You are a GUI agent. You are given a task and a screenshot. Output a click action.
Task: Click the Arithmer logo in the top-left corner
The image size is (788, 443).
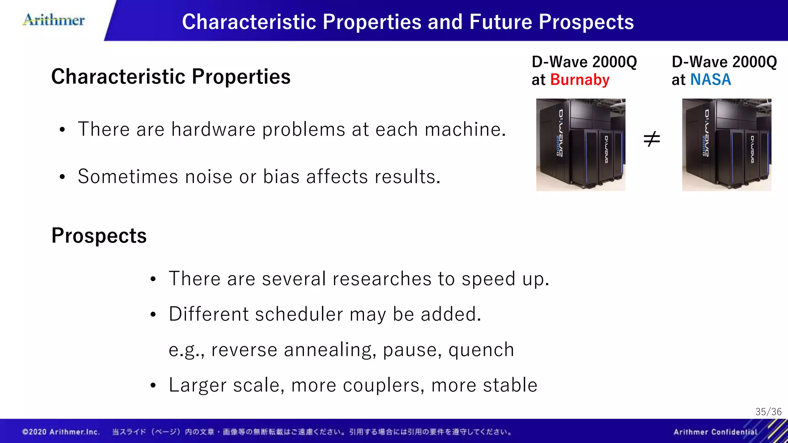(54, 20)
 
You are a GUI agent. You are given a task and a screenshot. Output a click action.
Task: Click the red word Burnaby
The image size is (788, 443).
(579, 80)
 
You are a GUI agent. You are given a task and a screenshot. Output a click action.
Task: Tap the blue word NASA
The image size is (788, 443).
(710, 80)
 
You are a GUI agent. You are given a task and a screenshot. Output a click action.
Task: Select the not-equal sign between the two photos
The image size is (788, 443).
(652, 139)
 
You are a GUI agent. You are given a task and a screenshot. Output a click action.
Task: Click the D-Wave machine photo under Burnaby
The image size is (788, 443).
(581, 145)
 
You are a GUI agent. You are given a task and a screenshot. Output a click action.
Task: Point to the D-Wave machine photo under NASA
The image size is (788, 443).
(726, 145)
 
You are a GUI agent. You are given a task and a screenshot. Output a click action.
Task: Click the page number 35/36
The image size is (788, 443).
(768, 412)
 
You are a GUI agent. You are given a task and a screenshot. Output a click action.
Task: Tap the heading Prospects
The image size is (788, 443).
(99, 235)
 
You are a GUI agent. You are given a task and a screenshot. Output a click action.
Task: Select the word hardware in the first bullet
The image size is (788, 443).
(213, 129)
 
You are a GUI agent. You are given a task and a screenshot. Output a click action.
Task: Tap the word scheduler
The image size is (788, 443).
(299, 314)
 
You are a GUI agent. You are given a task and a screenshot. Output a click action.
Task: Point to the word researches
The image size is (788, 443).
(382, 279)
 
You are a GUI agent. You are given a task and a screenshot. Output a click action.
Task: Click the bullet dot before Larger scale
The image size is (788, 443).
(153, 385)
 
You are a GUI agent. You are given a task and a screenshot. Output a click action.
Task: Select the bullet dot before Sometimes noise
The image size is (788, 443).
(62, 177)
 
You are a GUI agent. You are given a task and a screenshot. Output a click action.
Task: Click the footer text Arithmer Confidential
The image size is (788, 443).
(715, 432)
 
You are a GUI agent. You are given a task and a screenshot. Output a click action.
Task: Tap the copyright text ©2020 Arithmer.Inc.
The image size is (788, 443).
(61, 432)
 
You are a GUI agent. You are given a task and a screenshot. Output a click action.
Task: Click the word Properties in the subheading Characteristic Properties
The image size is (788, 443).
(241, 77)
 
